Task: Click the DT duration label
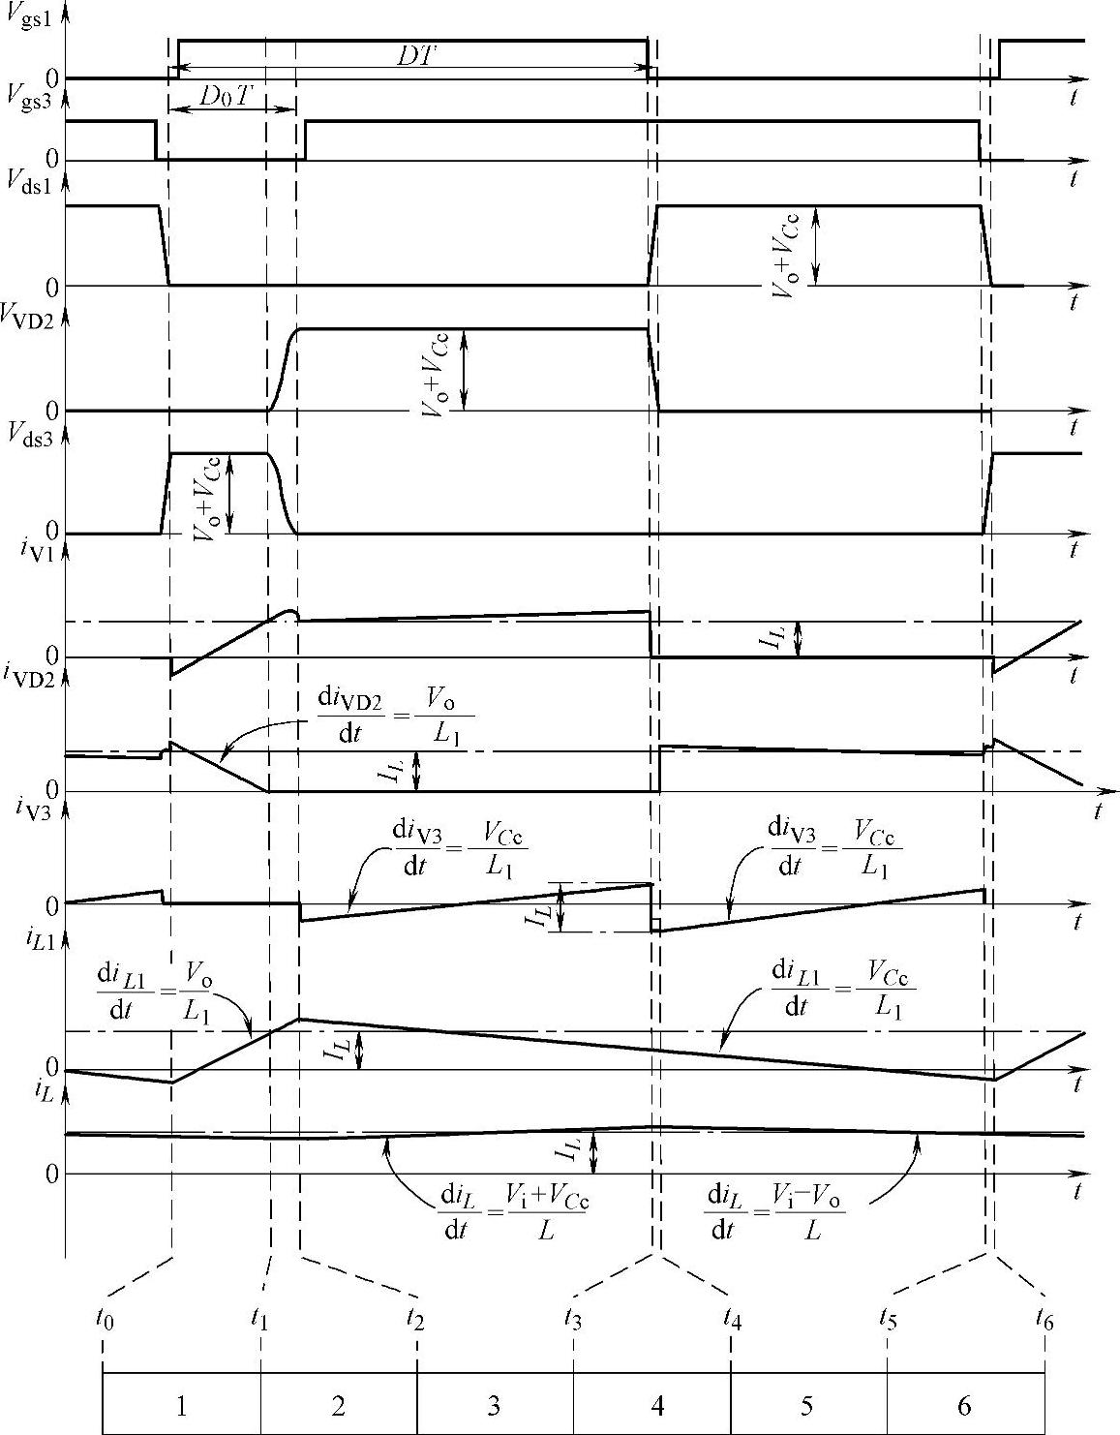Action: pyautogui.click(x=417, y=55)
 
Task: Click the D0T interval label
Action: pyautogui.click(x=225, y=95)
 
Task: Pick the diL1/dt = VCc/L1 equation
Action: pyautogui.click(x=842, y=991)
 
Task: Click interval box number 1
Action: pyautogui.click(x=181, y=1403)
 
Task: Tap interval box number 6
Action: pyautogui.click(x=965, y=1403)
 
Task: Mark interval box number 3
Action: pyautogui.click(x=495, y=1403)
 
